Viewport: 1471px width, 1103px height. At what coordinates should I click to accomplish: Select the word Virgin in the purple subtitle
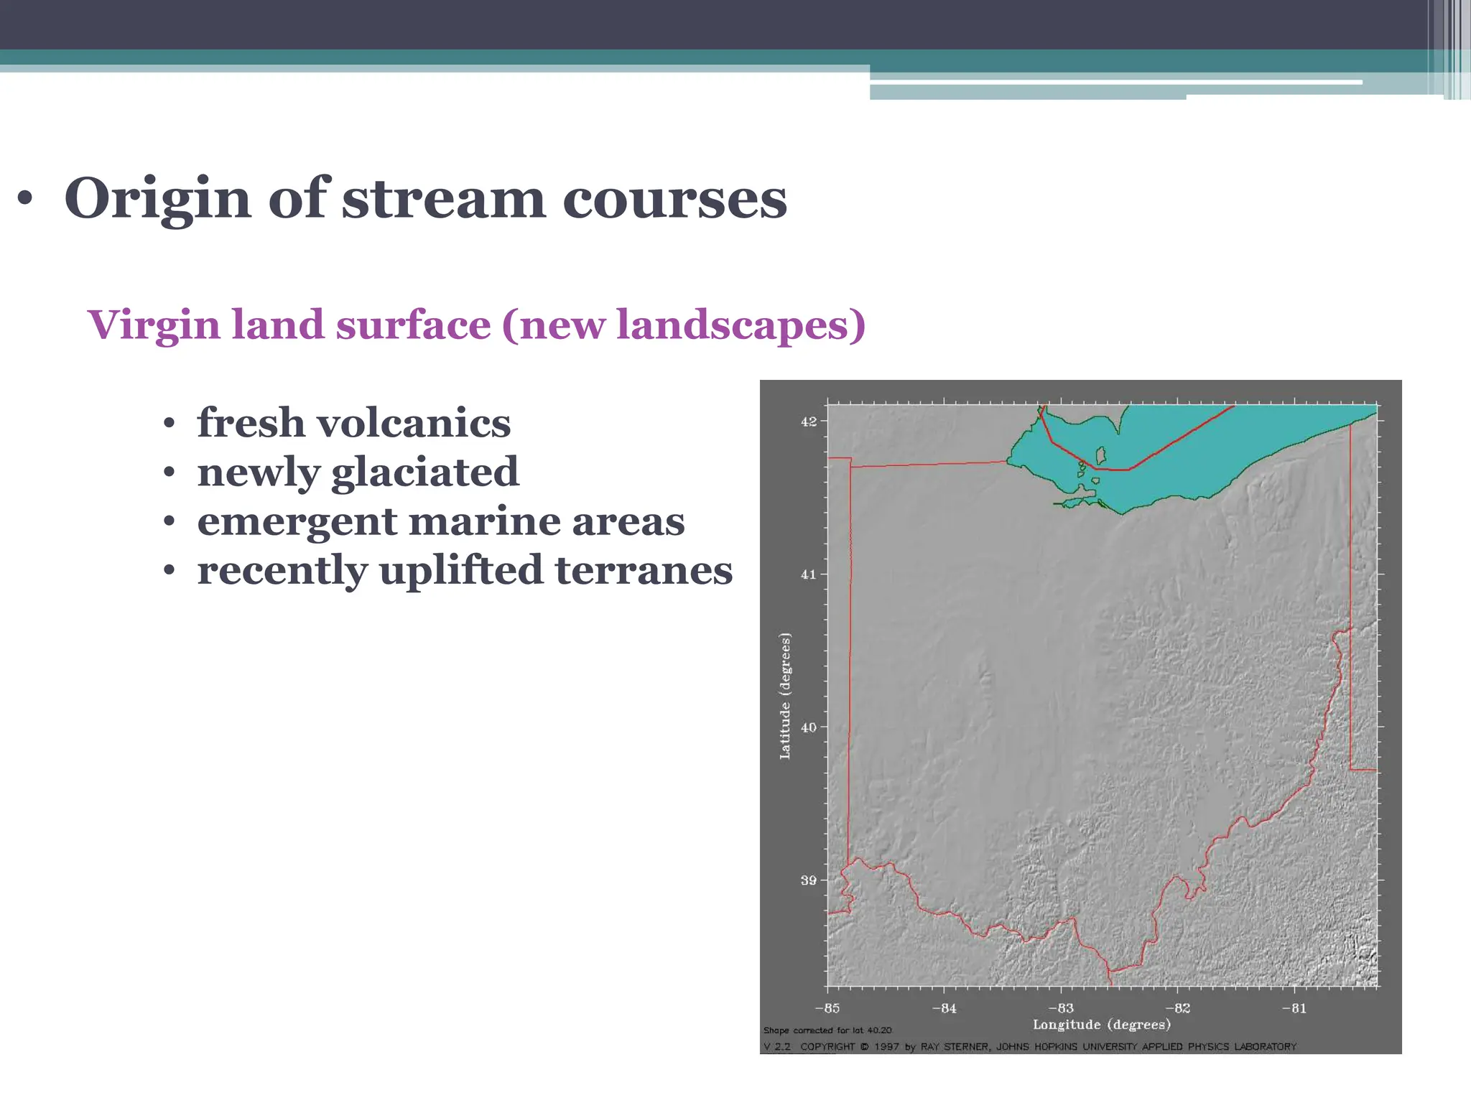[x=154, y=325]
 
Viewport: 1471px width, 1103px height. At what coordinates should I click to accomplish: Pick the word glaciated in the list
[x=424, y=472]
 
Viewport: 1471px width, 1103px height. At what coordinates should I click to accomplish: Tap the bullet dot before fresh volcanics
[x=169, y=424]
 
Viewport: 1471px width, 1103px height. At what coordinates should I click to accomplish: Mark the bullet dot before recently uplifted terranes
[x=169, y=572]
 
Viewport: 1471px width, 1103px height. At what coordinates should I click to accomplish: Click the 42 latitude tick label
[x=809, y=422]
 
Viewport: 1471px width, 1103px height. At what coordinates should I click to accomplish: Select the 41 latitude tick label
[x=809, y=574]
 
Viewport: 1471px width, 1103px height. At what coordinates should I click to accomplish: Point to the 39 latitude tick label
[x=809, y=880]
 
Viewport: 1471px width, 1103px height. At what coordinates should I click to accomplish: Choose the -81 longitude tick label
[x=1294, y=1008]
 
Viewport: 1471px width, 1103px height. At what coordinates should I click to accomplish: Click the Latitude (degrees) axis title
[x=785, y=696]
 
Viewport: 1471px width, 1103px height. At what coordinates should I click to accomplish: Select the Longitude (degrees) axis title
[x=1102, y=1025]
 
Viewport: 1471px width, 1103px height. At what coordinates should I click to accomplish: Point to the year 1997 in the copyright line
[x=886, y=1047]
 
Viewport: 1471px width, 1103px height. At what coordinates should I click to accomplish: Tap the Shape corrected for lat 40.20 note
[x=827, y=1030]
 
